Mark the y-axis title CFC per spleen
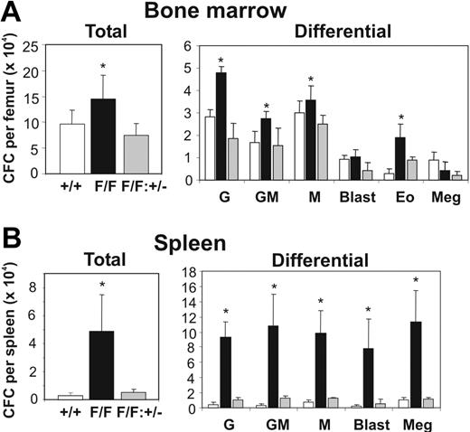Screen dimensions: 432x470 (11, 334)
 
